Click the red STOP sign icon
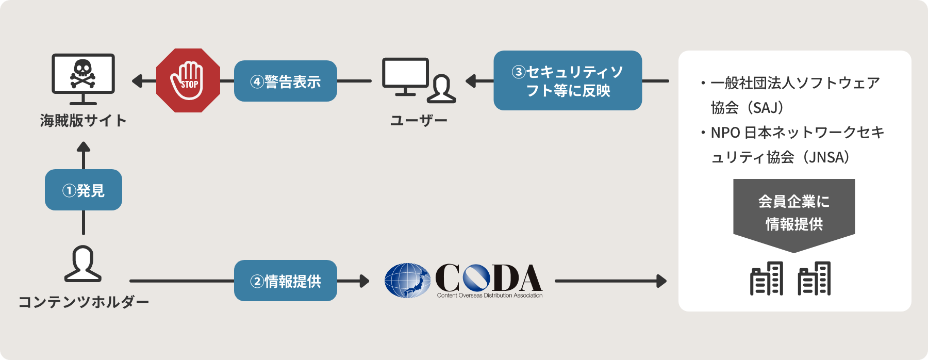pos(188,80)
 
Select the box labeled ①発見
pos(84,190)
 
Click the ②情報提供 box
pos(285,281)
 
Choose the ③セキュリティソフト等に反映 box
pos(568,80)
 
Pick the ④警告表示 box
pos(285,81)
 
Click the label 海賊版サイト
pos(84,121)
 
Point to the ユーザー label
pos(419,121)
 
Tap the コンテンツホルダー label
pos(84,302)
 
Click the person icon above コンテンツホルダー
pos(83,264)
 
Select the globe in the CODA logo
pos(407,281)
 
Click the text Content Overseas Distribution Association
pos(490,296)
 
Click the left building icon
pos(767,279)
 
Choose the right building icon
pos(814,279)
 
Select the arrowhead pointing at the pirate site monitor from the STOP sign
pos(137,81)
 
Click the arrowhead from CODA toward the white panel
pos(661,281)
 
